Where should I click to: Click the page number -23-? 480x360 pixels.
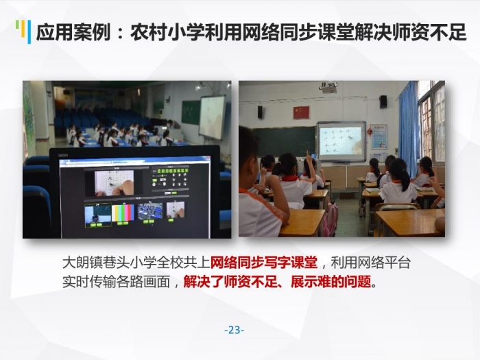235,331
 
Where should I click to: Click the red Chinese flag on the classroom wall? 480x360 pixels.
302,112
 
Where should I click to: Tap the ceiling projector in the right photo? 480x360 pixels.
328,86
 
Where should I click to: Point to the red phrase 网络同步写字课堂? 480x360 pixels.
263,263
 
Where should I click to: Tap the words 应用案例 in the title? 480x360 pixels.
73,32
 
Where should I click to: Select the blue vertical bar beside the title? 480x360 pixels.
29,32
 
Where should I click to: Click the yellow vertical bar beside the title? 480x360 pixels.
23,29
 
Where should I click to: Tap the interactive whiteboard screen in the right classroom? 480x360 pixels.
341,141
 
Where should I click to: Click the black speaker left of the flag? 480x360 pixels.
260,112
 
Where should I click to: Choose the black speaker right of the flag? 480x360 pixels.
383,101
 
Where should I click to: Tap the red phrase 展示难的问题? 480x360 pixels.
331,282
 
